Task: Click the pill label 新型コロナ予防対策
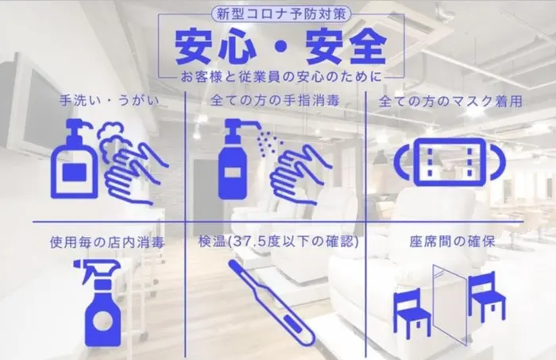click(x=281, y=14)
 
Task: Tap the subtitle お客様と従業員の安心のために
click(x=280, y=76)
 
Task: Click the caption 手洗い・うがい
click(x=110, y=100)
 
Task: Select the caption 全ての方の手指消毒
click(x=275, y=100)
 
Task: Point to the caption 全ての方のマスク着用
click(x=450, y=102)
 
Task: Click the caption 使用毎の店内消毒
click(x=106, y=242)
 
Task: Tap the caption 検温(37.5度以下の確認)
click(x=278, y=242)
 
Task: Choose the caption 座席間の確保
click(x=452, y=242)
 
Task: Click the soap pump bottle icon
click(x=75, y=159)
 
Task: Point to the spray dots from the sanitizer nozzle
click(x=268, y=143)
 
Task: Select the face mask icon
click(x=450, y=162)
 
